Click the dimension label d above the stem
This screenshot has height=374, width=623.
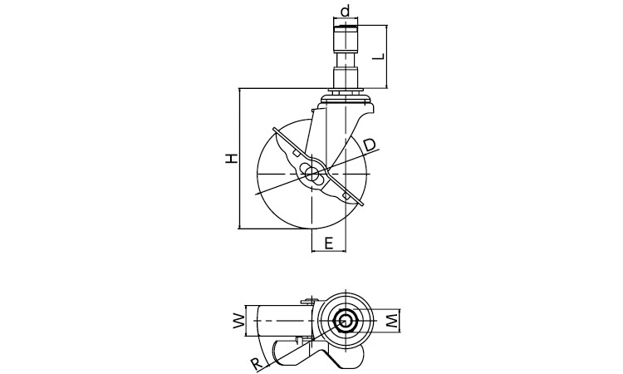[x=346, y=11]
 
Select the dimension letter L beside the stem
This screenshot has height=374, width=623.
[x=379, y=56]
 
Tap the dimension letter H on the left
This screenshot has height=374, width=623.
[x=231, y=158]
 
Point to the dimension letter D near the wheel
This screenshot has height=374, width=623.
[x=369, y=145]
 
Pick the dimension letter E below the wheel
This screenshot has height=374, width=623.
[x=328, y=243]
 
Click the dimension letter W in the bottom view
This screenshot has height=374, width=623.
[x=238, y=321]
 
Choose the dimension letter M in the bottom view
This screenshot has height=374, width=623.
[x=392, y=321]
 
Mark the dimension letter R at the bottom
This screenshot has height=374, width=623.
[x=257, y=364]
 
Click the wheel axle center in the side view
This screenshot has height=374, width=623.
[x=312, y=174]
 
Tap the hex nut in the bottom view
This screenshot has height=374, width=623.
[x=345, y=321]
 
